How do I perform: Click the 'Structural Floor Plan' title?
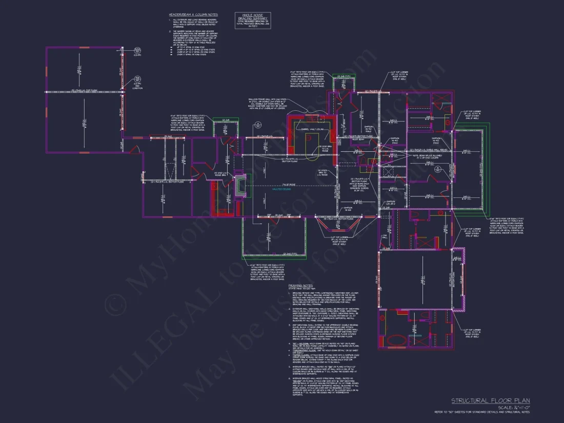point(491,400)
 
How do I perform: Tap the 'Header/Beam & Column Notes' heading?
point(192,14)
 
